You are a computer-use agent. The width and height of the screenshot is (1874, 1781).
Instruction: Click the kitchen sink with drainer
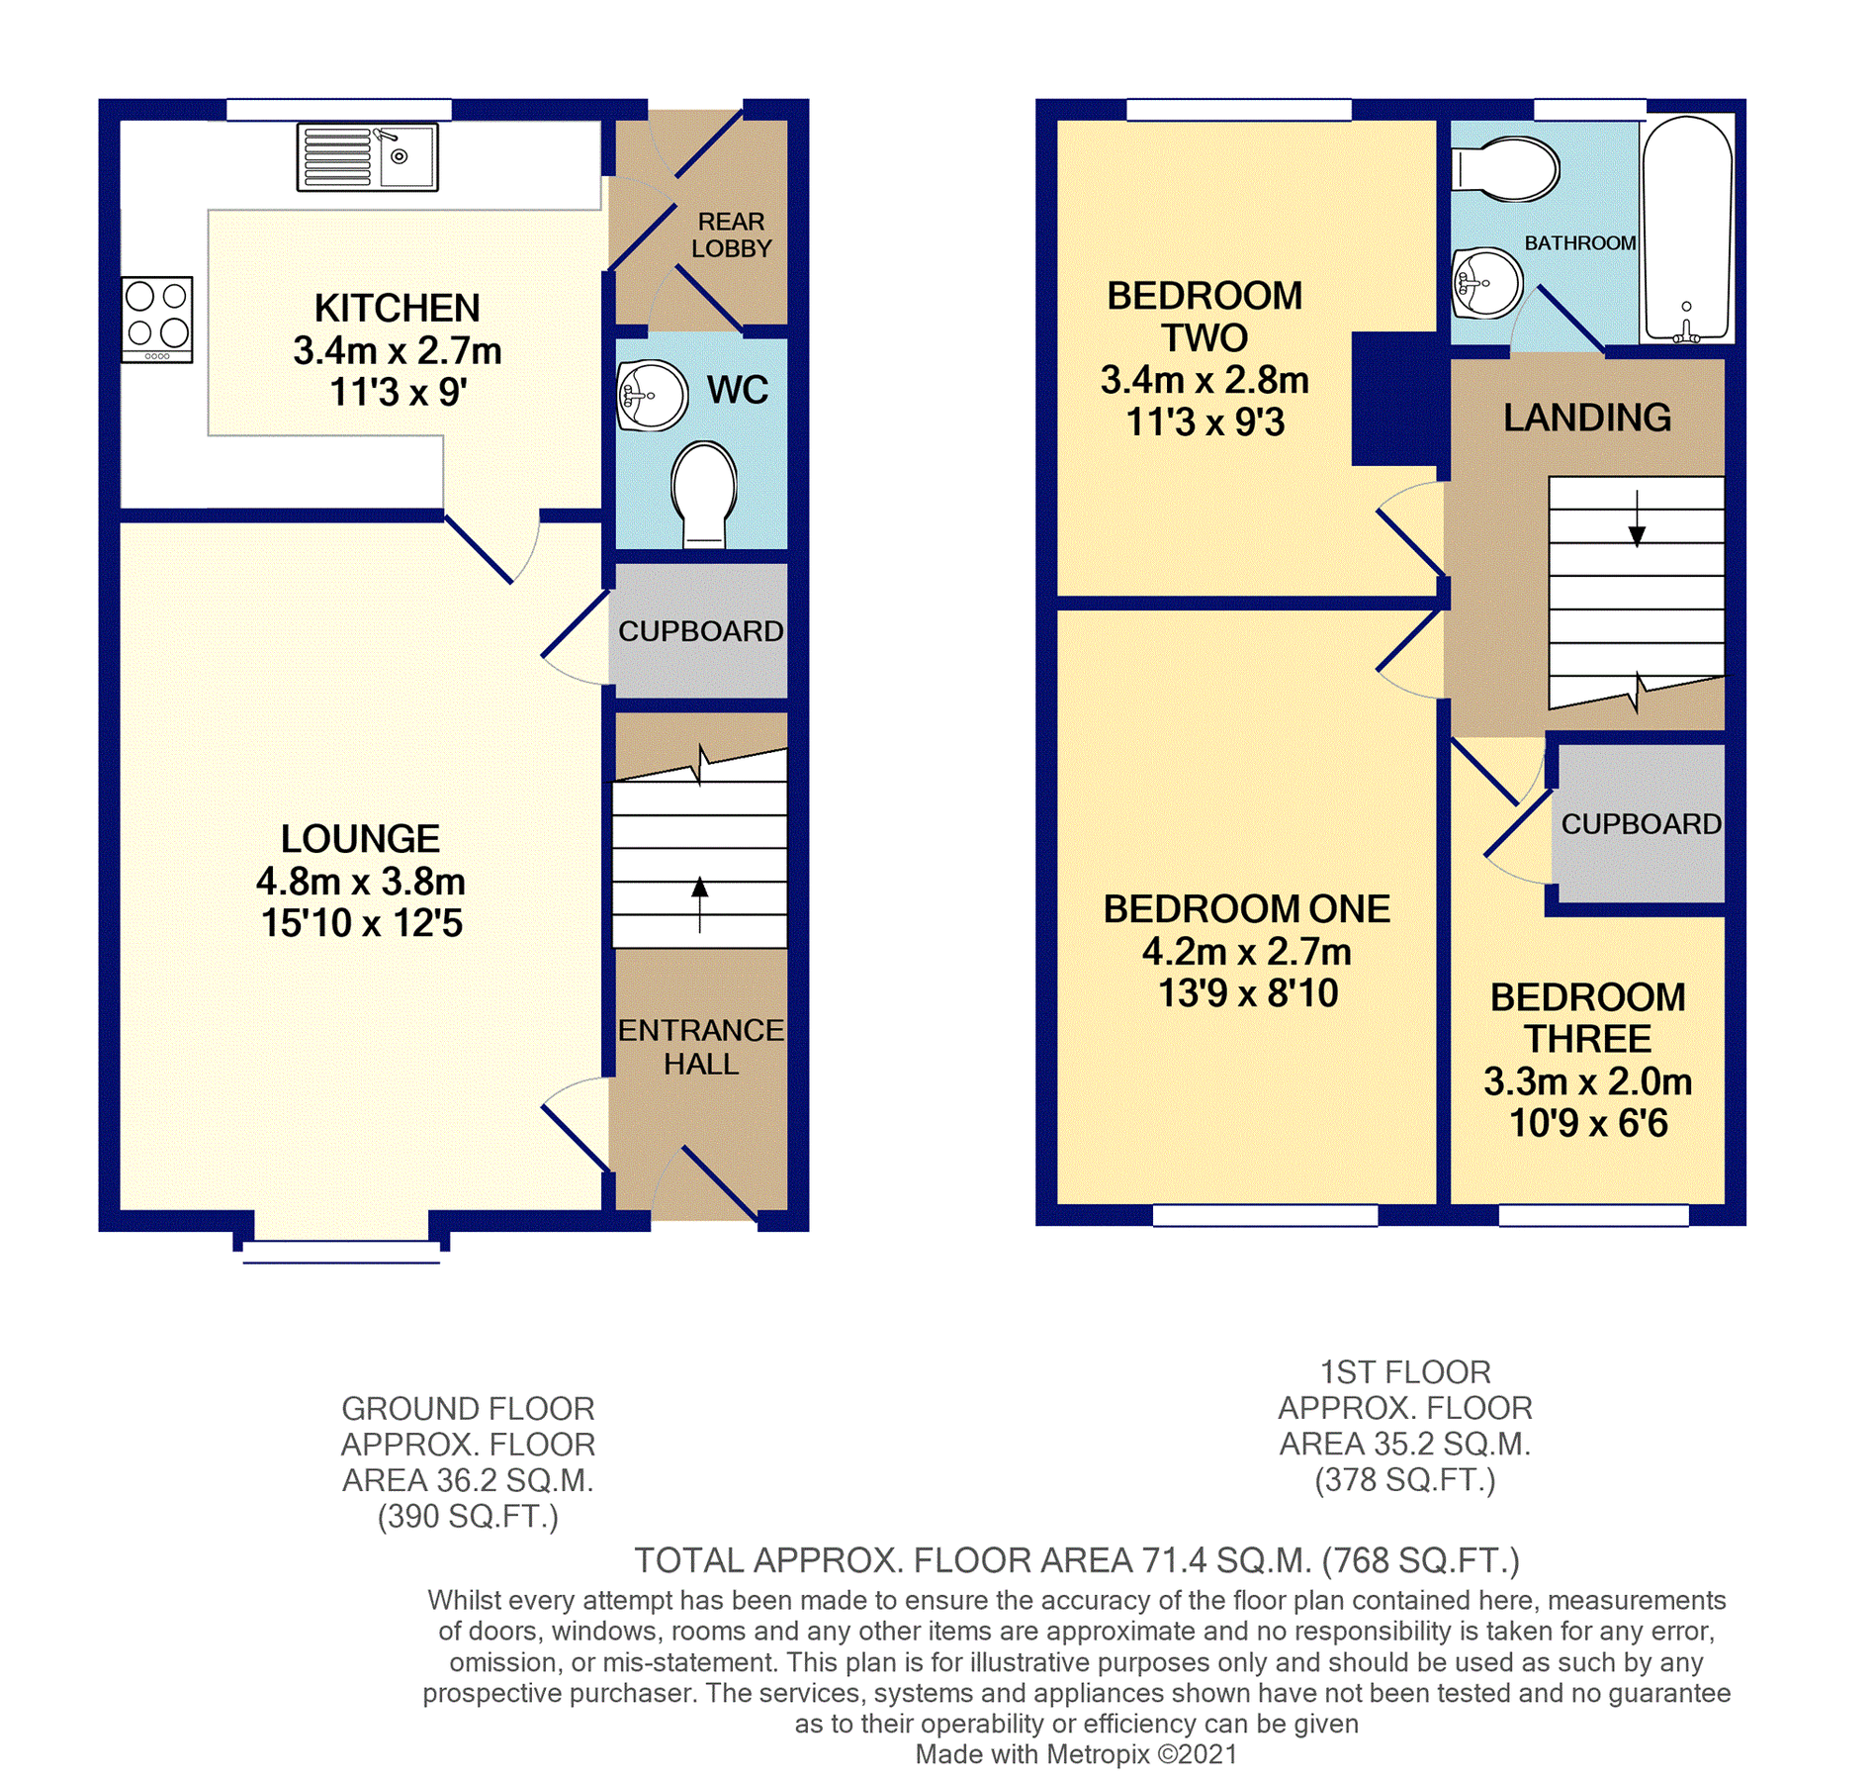367,156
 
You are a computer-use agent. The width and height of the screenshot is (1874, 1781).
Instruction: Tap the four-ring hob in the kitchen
157,319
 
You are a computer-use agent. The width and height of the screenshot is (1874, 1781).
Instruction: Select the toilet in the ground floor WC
703,493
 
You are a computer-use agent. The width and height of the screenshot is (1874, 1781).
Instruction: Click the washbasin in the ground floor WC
652,395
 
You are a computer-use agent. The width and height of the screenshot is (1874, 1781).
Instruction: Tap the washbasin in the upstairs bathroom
1487,283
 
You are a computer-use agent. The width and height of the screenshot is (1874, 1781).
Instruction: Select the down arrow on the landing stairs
1637,518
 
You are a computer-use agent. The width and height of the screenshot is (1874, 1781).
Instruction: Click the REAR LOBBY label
731,235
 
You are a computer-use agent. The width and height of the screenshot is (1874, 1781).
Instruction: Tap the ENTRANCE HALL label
700,1047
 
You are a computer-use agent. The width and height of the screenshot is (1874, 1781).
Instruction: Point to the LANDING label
1587,418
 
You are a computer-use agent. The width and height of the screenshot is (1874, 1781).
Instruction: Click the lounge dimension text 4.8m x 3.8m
360,881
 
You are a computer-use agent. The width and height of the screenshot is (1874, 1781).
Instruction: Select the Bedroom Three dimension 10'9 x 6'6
1587,1123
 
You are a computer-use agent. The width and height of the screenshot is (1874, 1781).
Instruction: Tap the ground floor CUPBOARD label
700,631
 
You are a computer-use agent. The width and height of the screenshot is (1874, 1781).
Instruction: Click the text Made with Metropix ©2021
1076,1754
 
